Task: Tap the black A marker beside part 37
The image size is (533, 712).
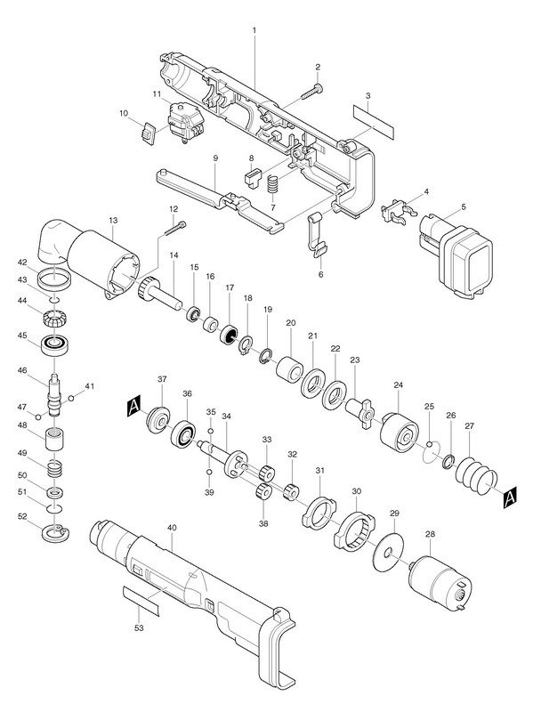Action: pos(134,406)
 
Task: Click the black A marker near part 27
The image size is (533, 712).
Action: pos(510,497)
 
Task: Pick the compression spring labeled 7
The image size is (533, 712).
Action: pos(273,183)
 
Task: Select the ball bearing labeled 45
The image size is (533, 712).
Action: pos(54,345)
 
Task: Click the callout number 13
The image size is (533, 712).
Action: pos(113,220)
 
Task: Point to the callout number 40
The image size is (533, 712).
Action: pos(172,528)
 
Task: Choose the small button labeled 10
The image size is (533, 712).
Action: pos(147,133)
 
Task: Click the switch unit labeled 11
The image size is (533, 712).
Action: pos(185,123)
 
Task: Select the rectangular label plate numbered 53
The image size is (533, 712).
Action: pos(141,601)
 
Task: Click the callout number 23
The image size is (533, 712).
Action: pos(354,360)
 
